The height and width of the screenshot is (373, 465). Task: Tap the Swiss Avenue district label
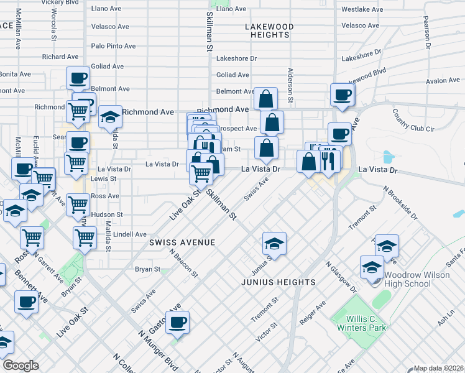coord(182,242)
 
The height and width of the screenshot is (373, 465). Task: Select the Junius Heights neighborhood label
coord(279,282)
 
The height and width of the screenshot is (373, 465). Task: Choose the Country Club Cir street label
coord(416,122)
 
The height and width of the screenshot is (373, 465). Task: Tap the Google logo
coord(20,366)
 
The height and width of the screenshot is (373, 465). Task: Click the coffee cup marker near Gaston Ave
coord(177,322)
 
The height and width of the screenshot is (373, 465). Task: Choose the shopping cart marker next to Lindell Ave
coord(85,236)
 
